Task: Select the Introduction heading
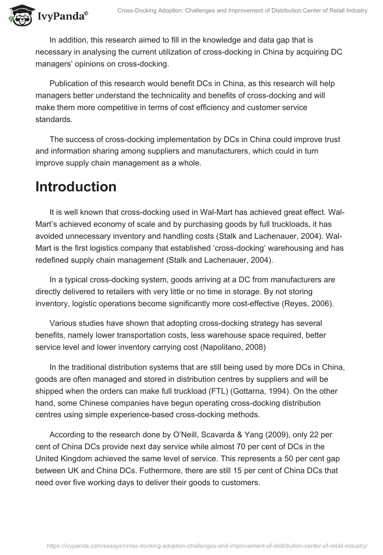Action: coord(76,187)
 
